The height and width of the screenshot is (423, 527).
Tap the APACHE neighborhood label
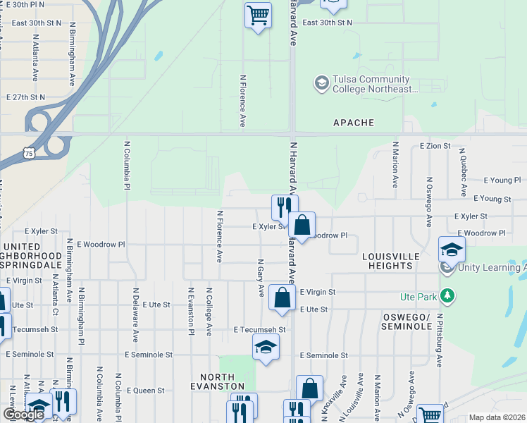tap(354, 123)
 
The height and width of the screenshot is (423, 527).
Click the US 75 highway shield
tap(27, 152)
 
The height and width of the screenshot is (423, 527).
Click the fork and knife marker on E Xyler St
tap(285, 207)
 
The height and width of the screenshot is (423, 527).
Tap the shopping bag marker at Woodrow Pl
tap(302, 226)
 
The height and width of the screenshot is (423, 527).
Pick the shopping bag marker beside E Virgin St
tap(282, 298)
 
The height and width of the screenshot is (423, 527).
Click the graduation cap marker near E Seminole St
tap(266, 347)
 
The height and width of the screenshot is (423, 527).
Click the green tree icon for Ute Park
tap(445, 294)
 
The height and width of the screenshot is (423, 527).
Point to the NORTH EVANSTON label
tap(222, 381)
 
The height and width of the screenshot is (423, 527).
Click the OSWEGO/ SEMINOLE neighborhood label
tap(407, 321)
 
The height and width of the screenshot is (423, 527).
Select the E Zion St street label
tap(434, 146)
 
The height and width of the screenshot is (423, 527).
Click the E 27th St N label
tap(25, 97)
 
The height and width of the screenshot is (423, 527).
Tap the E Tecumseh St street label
tap(260, 329)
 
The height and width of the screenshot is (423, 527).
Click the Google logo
tap(23, 415)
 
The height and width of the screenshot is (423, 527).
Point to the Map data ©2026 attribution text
tap(496, 417)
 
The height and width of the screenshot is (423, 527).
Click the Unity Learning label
tap(492, 267)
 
